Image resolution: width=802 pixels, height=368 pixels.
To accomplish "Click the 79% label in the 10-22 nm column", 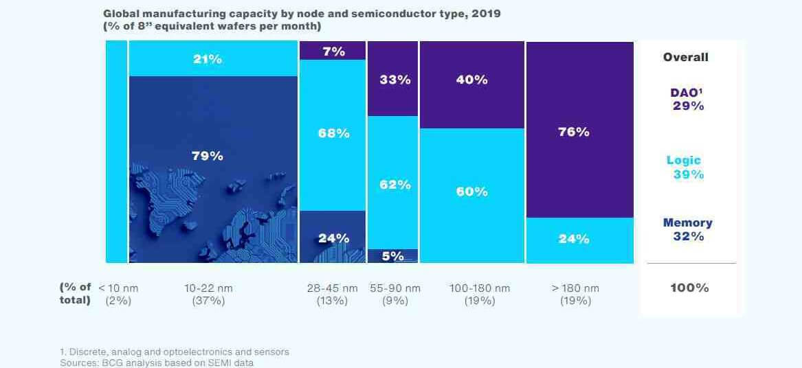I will [x=207, y=156].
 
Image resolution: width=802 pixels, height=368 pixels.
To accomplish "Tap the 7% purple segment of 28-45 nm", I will [x=333, y=51].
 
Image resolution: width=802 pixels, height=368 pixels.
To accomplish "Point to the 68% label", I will [x=333, y=133].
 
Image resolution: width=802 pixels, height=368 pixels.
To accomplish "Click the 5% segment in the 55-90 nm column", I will [x=392, y=255].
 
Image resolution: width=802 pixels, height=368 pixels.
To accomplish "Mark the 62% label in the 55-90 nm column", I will [x=394, y=184].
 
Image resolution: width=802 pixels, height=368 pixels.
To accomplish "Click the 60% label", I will [x=471, y=192].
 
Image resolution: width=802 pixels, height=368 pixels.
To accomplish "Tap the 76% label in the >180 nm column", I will [x=573, y=132].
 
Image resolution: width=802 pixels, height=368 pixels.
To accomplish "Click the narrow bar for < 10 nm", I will [x=116, y=151].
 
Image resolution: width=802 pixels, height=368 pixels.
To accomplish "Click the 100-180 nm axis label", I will [x=479, y=288].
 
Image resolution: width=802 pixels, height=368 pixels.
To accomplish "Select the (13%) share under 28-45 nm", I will [x=333, y=301].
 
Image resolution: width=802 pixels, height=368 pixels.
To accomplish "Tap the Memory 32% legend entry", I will [x=688, y=229].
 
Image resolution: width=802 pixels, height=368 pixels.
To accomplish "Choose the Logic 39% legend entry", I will [x=684, y=168].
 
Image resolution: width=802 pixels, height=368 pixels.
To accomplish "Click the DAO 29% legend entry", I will [x=687, y=100].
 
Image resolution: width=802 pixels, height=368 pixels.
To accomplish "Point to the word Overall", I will [x=685, y=58].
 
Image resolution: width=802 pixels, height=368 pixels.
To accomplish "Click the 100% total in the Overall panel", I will [x=689, y=288].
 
